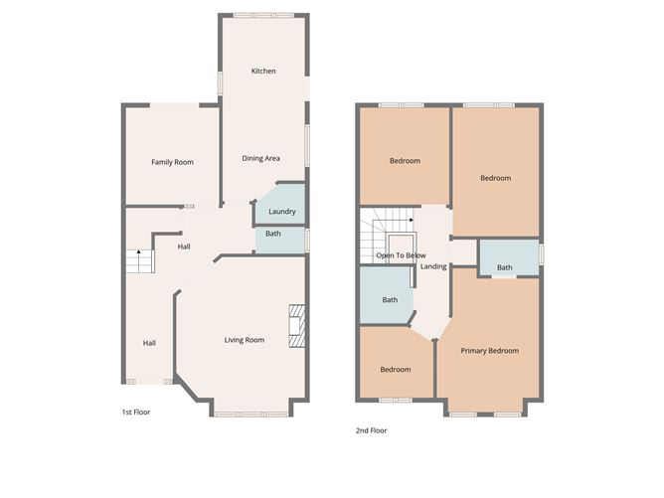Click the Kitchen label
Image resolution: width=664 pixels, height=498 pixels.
263,72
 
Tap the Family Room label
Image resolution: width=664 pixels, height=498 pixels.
172,162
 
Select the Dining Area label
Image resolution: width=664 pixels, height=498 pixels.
261,158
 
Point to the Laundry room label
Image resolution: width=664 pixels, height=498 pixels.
281,212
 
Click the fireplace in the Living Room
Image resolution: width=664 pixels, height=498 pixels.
296,326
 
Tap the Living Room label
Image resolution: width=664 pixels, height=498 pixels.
244,341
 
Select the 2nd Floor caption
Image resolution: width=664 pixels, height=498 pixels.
371,430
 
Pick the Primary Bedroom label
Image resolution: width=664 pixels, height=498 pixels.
490,351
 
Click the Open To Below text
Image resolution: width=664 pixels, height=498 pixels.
401,255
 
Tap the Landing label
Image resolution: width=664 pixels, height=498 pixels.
433,266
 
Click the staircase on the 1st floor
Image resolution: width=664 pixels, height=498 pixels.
139,262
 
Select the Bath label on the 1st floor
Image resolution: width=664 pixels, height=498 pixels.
273,234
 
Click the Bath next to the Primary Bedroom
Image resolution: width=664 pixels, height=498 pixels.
505,267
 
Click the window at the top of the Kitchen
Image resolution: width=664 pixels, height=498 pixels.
263,15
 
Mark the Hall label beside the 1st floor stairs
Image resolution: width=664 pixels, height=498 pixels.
184,247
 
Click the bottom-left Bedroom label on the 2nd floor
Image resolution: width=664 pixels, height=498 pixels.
395,370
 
